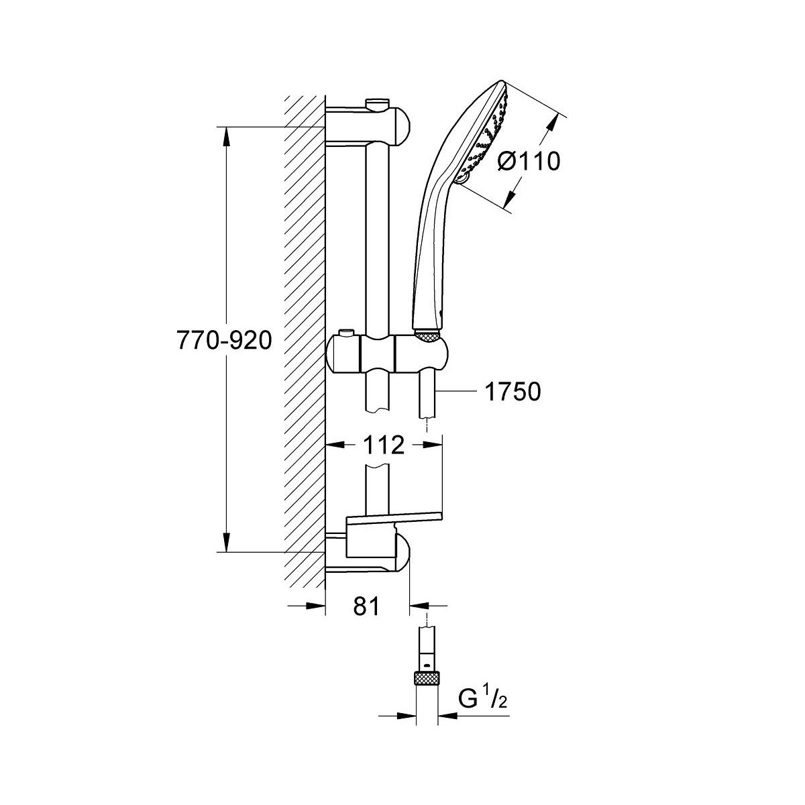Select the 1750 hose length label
pyautogui.click(x=513, y=391)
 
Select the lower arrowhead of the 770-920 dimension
pyautogui.click(x=226, y=542)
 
